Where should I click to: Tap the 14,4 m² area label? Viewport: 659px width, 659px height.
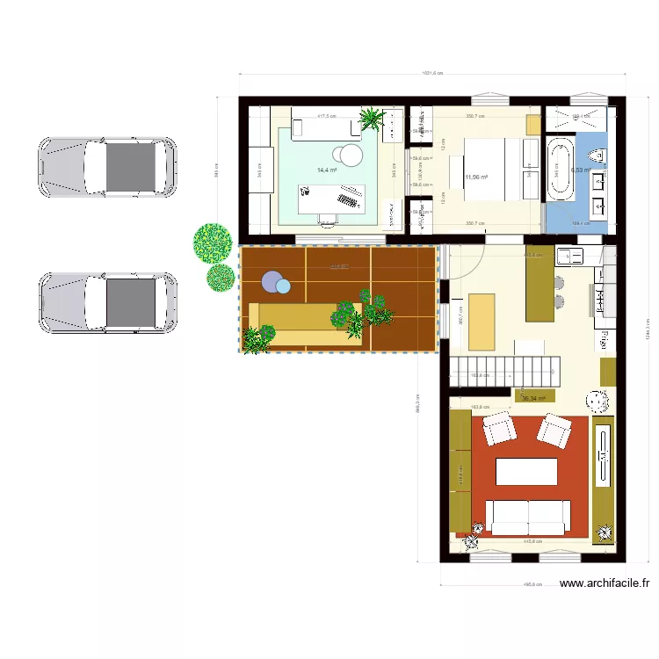coord(328,170)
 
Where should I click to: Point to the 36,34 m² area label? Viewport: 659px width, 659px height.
coord(533,398)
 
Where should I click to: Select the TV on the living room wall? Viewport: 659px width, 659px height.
coord(604,455)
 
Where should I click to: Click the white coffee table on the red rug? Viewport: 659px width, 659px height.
coord(526,472)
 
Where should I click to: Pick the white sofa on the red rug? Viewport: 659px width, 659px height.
coord(528,516)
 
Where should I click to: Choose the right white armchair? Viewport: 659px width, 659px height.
coord(554,430)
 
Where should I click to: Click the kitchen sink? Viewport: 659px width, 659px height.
coord(568,257)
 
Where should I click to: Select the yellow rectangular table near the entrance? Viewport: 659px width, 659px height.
coord(482,320)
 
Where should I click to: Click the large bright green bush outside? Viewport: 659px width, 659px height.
coord(212,243)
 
